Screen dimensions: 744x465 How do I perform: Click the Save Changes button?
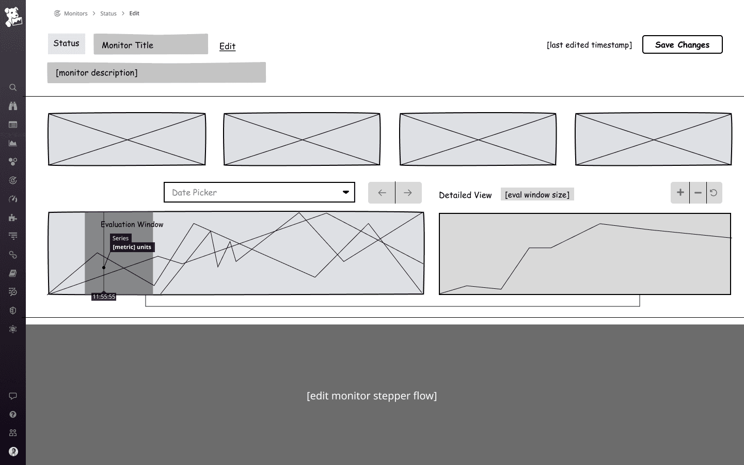tap(682, 44)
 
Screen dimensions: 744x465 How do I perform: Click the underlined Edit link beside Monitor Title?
tap(227, 46)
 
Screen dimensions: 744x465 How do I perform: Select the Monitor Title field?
tap(151, 44)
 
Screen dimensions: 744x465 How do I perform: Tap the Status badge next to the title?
tap(67, 43)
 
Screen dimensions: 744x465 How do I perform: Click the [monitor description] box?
tap(156, 73)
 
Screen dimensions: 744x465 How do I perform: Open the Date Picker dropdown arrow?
tap(345, 192)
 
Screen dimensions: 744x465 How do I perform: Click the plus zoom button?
tap(680, 193)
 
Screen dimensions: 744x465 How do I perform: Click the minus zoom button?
tap(698, 193)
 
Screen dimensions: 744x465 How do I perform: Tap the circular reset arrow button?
tap(714, 193)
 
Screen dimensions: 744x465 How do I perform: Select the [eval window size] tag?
tap(537, 195)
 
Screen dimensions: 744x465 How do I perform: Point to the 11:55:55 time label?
tap(104, 297)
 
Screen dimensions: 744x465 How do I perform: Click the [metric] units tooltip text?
tap(132, 247)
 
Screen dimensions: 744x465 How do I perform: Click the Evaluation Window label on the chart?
tap(132, 224)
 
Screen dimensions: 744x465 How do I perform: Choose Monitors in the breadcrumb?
tap(75, 13)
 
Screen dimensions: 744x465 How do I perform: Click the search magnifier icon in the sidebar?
tap(13, 87)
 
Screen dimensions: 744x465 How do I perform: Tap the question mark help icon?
tap(13, 414)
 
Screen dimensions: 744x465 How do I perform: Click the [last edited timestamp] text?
tap(589, 45)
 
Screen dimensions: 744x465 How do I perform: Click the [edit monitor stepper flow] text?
tap(372, 396)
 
